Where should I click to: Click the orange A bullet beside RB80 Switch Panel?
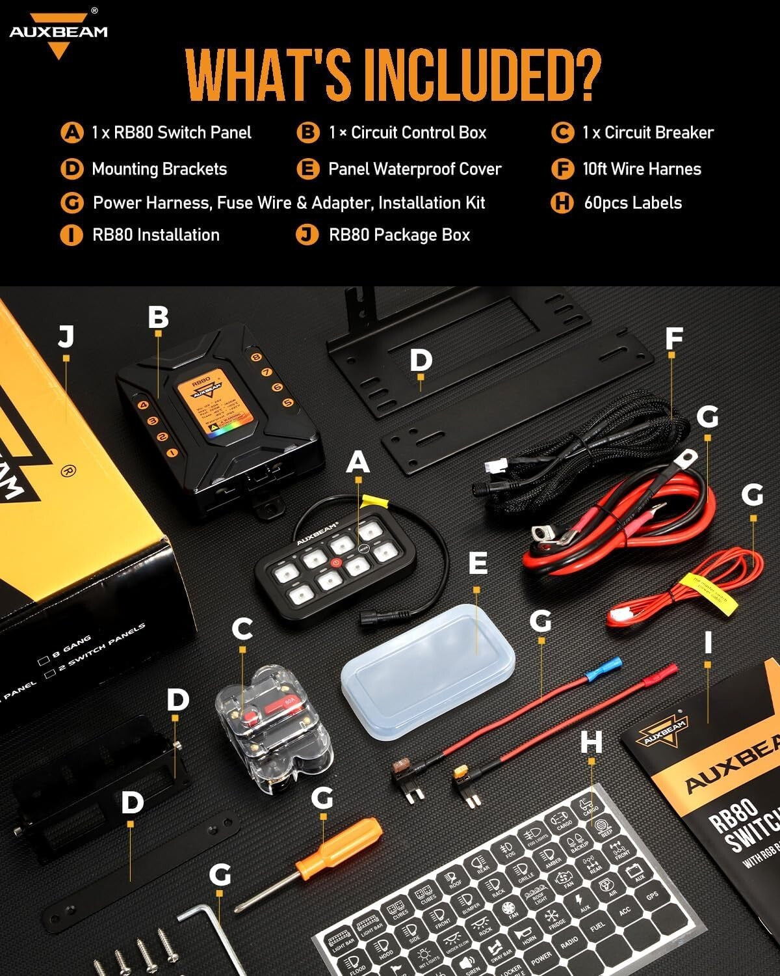pos(71,133)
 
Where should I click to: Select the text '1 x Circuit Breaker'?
pos(647,133)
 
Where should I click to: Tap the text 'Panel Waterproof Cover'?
pos(415,169)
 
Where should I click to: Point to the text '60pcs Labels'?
pos(632,203)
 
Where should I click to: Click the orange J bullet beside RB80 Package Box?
pos(307,235)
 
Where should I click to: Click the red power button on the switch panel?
pos(336,562)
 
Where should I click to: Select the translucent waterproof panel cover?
pos(429,670)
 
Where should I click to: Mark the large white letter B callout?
pos(158,318)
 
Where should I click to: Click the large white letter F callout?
pos(674,338)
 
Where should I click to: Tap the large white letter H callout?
pos(591,742)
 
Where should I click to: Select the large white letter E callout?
pos(478,563)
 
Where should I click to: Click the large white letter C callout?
pos(242,629)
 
